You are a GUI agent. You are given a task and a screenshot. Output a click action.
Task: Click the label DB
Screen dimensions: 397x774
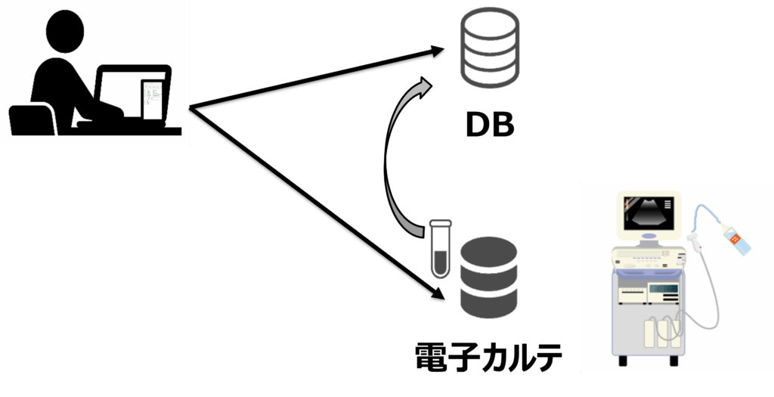point(489,124)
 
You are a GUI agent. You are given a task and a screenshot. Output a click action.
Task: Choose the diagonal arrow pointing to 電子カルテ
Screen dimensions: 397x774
point(317,204)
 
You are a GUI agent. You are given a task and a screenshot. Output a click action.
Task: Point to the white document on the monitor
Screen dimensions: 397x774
point(153,98)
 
